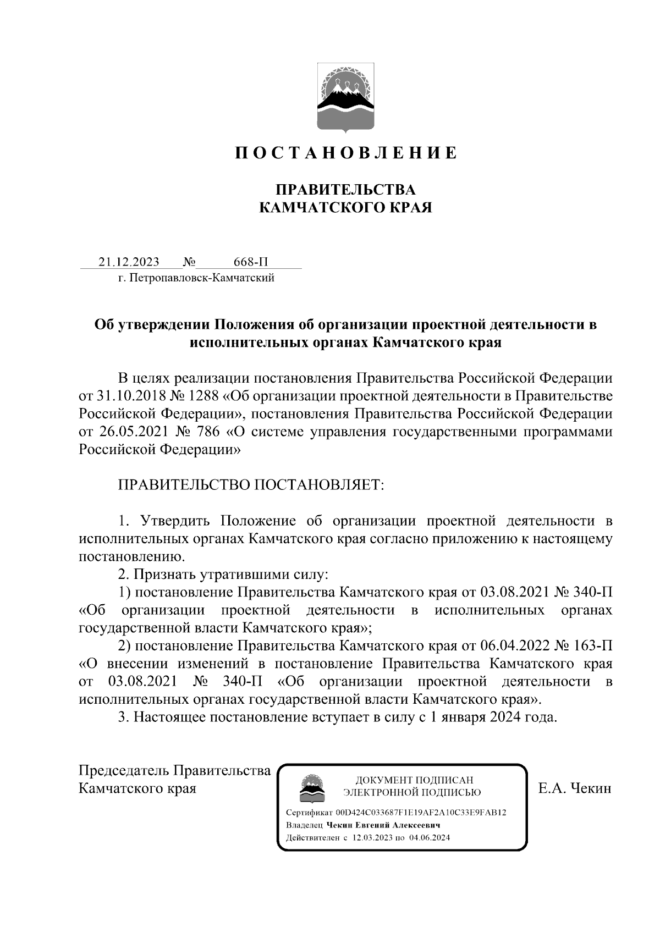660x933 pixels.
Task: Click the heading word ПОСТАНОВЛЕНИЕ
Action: pyautogui.click(x=346, y=153)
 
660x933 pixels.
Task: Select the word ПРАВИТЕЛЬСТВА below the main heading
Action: pyautogui.click(x=345, y=190)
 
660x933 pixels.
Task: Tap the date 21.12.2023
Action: pyautogui.click(x=129, y=262)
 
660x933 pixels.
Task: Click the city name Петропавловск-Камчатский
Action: pyautogui.click(x=201, y=278)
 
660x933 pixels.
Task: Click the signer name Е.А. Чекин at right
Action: pyautogui.click(x=575, y=788)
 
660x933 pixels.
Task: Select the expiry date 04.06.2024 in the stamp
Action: pyautogui.click(x=430, y=838)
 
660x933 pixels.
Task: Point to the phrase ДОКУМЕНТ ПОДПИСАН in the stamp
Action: pyautogui.click(x=414, y=780)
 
